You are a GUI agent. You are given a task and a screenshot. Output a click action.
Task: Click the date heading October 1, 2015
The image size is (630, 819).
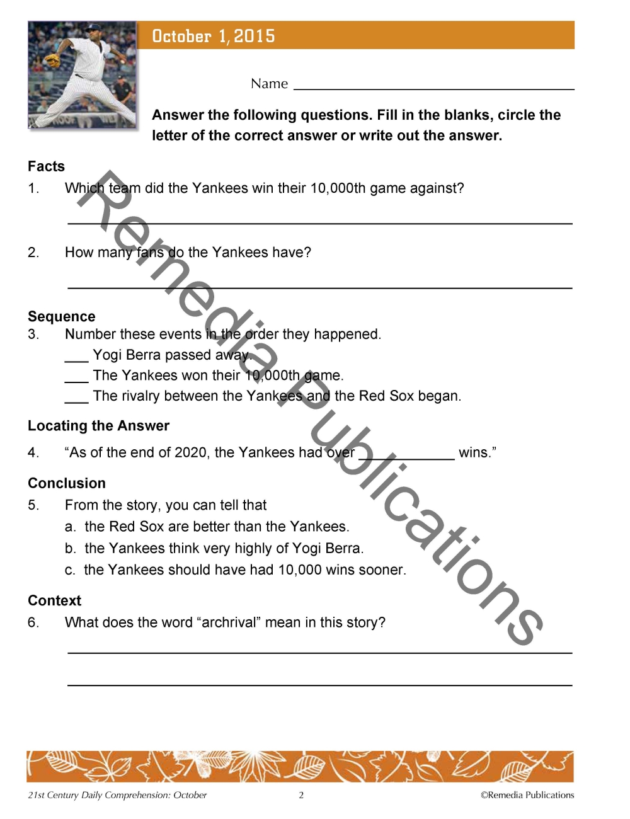pyautogui.click(x=214, y=36)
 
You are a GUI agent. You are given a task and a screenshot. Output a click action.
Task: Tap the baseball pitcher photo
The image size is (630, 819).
pyautogui.click(x=82, y=75)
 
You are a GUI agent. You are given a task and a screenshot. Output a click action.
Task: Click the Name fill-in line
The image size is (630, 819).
pyautogui.click(x=433, y=87)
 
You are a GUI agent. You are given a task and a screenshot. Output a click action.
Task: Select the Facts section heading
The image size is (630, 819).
pyautogui.click(x=46, y=166)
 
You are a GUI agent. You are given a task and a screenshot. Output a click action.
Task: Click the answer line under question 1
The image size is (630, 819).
pyautogui.click(x=319, y=222)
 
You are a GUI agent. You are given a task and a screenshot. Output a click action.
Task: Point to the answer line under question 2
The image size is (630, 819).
pyautogui.click(x=319, y=286)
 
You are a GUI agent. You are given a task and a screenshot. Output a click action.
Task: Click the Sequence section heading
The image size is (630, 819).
pyautogui.click(x=61, y=316)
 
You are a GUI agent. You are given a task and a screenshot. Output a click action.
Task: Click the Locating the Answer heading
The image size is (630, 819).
pyautogui.click(x=98, y=426)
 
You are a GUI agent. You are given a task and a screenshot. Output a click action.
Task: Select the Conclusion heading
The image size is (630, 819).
pyautogui.click(x=67, y=483)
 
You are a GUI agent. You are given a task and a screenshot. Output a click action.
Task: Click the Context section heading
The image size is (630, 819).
pyautogui.click(x=55, y=600)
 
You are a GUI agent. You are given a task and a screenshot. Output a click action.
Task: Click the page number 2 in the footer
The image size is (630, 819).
pyautogui.click(x=301, y=795)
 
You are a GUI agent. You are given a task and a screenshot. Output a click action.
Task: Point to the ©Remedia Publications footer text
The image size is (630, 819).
pyautogui.click(x=527, y=795)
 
